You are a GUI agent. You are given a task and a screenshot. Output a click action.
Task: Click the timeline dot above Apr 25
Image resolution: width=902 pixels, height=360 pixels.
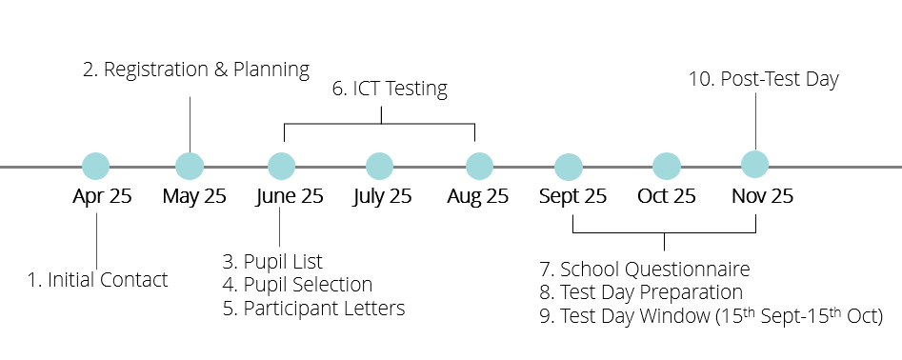point(96,167)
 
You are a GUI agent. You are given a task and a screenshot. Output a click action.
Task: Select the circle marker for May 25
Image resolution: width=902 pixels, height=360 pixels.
point(190,166)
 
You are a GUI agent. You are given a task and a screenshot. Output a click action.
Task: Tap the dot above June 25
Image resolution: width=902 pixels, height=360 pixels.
point(282,166)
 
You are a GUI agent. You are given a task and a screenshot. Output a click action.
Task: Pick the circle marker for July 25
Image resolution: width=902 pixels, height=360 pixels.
point(379,166)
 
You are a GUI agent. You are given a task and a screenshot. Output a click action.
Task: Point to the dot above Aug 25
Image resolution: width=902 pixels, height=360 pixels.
point(478,166)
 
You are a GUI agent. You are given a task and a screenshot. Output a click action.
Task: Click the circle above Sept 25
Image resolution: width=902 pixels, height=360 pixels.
point(570,167)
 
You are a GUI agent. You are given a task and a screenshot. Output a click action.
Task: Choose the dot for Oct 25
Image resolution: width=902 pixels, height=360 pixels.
point(666,166)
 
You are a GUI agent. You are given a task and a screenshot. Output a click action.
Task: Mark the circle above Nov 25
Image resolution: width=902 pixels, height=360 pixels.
point(755,164)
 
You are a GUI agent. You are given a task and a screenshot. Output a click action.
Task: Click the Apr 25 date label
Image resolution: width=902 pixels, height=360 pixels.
point(102,197)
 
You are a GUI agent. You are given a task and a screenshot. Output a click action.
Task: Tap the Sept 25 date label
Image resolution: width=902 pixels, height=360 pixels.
point(572,197)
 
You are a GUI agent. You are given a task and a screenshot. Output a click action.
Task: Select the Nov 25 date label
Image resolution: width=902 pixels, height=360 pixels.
point(762,197)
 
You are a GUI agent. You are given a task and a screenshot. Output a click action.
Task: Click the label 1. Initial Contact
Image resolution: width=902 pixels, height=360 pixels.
point(97,280)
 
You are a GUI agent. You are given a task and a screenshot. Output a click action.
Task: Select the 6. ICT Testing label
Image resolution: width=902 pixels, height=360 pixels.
point(389,90)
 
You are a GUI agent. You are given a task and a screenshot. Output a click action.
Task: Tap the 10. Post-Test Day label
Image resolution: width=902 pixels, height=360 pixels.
point(764,79)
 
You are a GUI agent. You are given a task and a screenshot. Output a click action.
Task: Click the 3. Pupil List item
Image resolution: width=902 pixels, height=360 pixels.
point(272,262)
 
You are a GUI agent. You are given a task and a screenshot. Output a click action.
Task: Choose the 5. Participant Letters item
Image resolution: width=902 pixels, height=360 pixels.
point(313,309)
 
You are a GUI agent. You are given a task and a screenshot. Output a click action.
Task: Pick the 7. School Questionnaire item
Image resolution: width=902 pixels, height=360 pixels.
point(644,270)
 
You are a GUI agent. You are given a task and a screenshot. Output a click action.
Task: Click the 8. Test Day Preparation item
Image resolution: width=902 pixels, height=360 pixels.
point(641,293)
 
